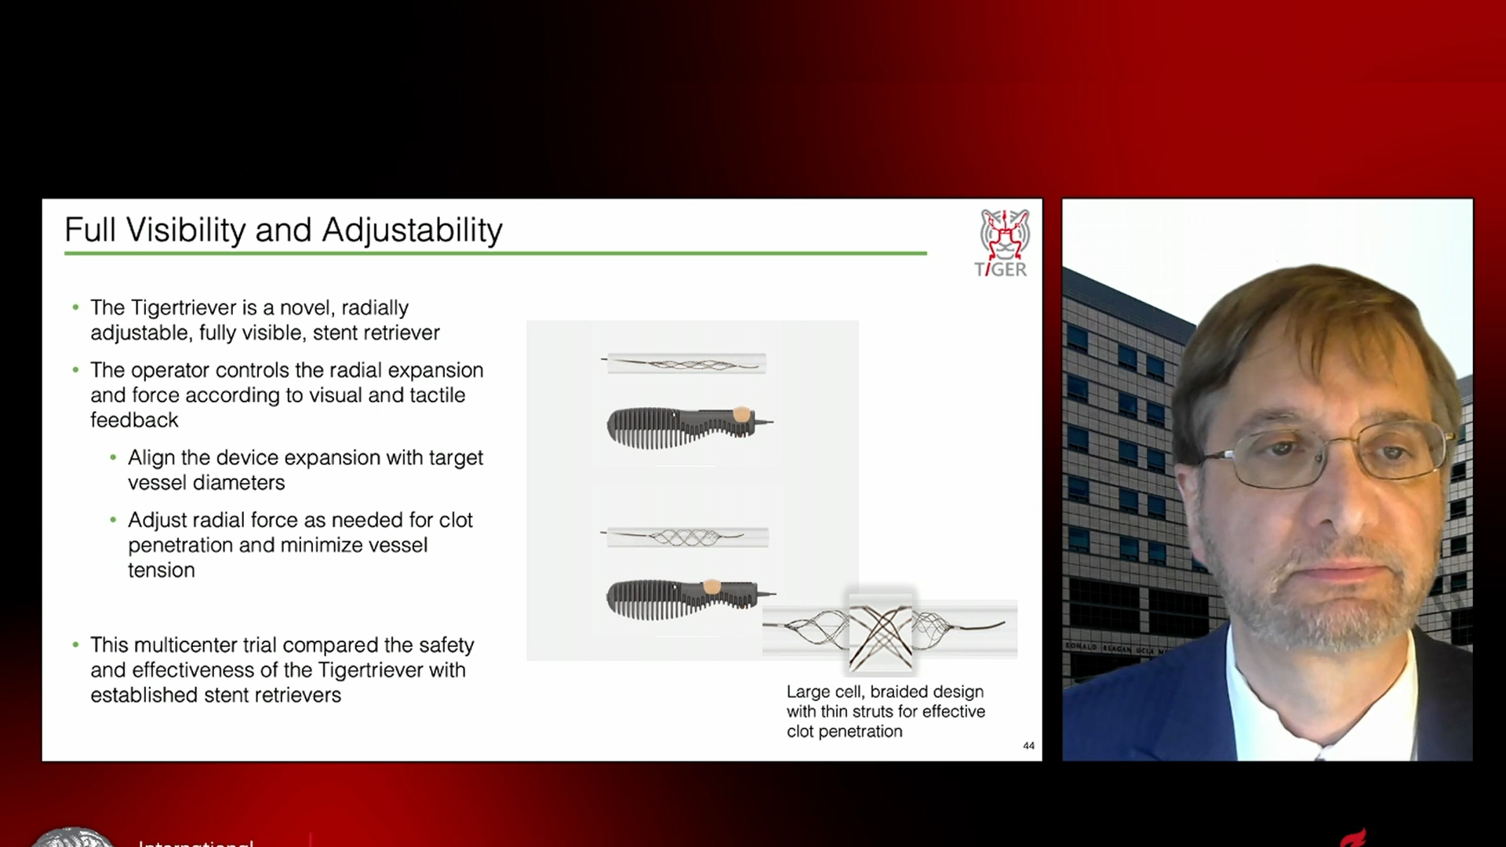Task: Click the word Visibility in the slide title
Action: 186,231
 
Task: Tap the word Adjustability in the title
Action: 412,231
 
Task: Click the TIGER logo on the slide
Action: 1002,243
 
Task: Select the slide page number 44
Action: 1028,746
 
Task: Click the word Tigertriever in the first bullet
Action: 184,307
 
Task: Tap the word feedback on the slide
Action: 134,420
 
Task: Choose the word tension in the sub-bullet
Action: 161,570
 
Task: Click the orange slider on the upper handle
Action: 740,413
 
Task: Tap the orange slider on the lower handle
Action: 711,586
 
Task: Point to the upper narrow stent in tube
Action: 685,363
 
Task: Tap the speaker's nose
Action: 1326,502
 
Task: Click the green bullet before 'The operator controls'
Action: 75,369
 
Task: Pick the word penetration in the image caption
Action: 860,732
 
